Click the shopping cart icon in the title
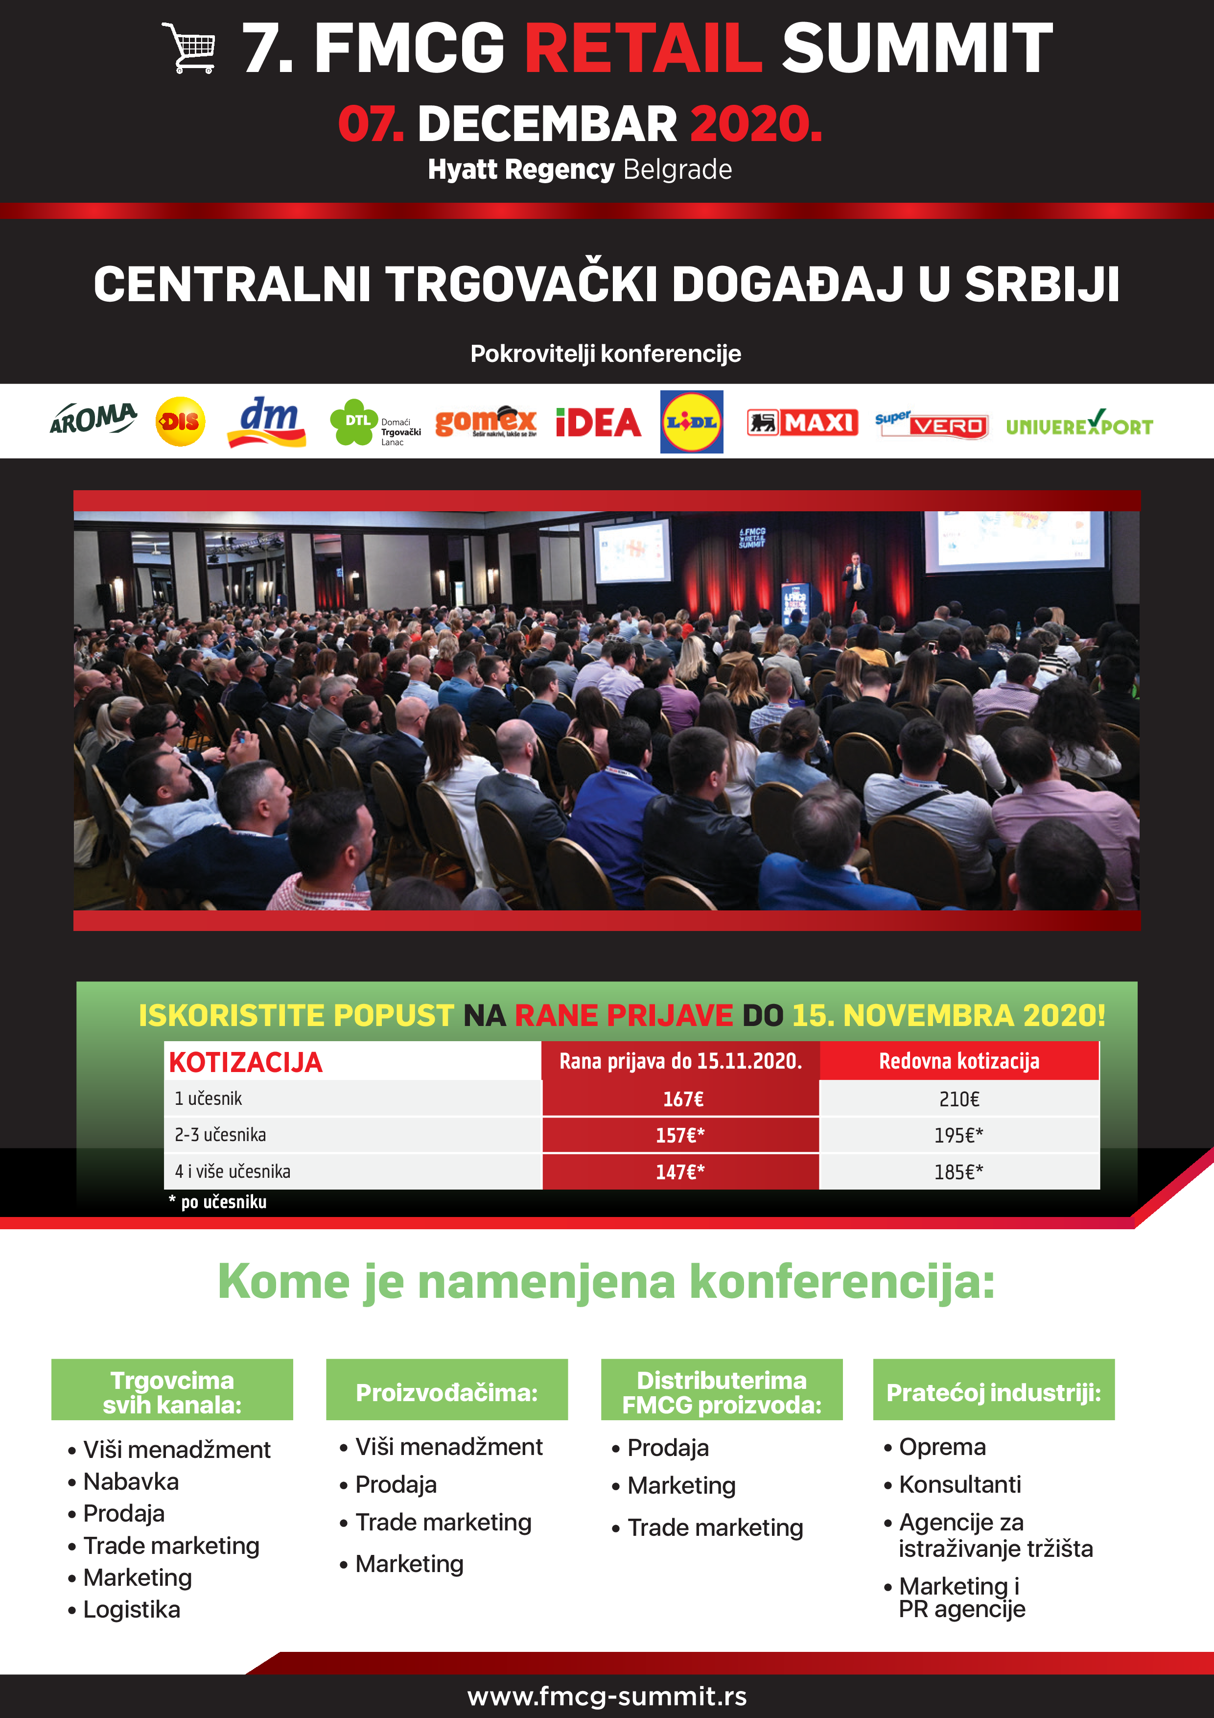pyautogui.click(x=189, y=48)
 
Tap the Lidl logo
pyautogui.click(x=691, y=422)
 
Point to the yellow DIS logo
pyautogui.click(x=180, y=422)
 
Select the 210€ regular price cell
pyautogui.click(x=959, y=1099)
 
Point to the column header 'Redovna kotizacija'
pyautogui.click(x=959, y=1061)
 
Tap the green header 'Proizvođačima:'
pyautogui.click(x=446, y=1392)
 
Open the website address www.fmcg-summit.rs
pyautogui.click(x=607, y=1695)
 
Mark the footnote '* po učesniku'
pyautogui.click(x=218, y=1202)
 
